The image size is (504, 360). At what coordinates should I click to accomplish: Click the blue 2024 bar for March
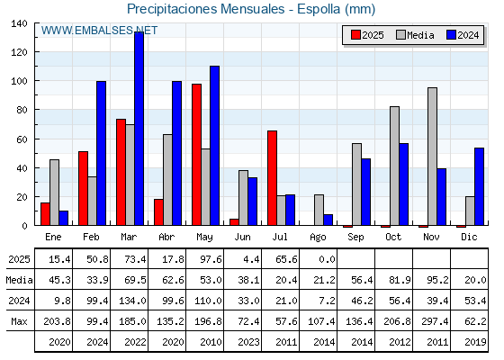[x=139, y=128]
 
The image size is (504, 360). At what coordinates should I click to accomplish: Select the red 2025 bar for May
[x=197, y=155]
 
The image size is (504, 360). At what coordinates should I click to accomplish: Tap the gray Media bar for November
[x=432, y=157]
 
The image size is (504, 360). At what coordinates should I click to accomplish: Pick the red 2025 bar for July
[x=272, y=178]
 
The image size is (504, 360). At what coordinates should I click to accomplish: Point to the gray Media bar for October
[x=395, y=166]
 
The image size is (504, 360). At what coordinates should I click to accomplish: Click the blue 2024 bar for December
[x=479, y=186]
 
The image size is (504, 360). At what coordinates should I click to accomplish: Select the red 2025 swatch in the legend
[x=355, y=35]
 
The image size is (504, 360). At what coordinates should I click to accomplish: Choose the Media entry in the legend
[x=415, y=35]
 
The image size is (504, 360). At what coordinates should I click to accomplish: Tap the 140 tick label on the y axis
[x=19, y=23]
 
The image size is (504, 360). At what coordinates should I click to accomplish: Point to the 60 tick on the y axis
[x=22, y=139]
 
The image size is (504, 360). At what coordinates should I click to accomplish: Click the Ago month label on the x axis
[x=318, y=238]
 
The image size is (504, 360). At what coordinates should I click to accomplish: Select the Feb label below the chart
[x=91, y=237]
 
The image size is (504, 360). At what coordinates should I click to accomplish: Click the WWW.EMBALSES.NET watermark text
[x=99, y=31]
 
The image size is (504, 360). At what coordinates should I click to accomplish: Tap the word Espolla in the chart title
[x=319, y=9]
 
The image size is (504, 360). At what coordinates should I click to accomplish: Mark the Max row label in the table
[x=19, y=321]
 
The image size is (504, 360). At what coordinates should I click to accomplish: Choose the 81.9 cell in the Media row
[x=400, y=280]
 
